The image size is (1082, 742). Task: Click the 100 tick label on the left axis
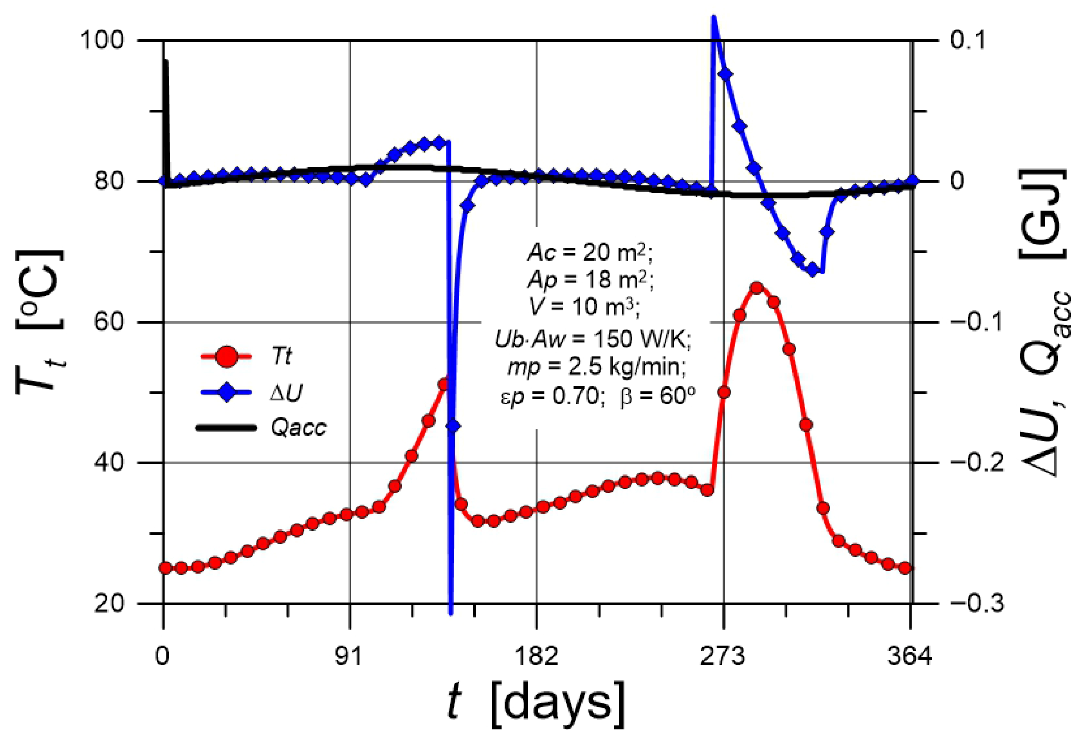[x=102, y=40]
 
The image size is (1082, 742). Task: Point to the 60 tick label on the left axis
[x=110, y=322]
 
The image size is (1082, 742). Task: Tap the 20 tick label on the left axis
[x=110, y=603]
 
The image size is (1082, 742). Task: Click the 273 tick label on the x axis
[x=723, y=657]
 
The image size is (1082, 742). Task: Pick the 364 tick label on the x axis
[x=910, y=657]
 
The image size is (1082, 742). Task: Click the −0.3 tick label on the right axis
[x=978, y=603]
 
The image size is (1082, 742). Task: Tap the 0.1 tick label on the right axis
[x=968, y=40]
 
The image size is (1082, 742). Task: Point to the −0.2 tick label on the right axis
[x=978, y=462]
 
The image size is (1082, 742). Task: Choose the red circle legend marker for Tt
[x=226, y=357]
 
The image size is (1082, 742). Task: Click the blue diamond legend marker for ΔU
[x=226, y=392]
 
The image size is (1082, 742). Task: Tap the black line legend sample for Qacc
[x=226, y=428]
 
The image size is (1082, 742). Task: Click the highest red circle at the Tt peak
[x=756, y=288]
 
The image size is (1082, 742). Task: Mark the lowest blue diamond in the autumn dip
[x=813, y=270]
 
